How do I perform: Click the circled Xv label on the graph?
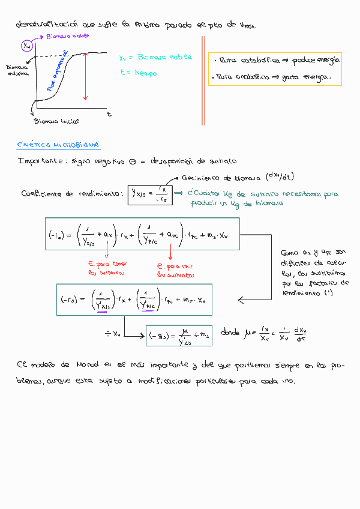27,46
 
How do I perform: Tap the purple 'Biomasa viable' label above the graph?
68,37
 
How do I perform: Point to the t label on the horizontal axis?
109,113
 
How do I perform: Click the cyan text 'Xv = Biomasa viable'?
155,58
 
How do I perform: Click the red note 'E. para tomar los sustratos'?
109,268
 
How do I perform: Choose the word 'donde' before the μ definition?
231,331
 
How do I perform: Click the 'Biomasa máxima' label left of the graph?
17,70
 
